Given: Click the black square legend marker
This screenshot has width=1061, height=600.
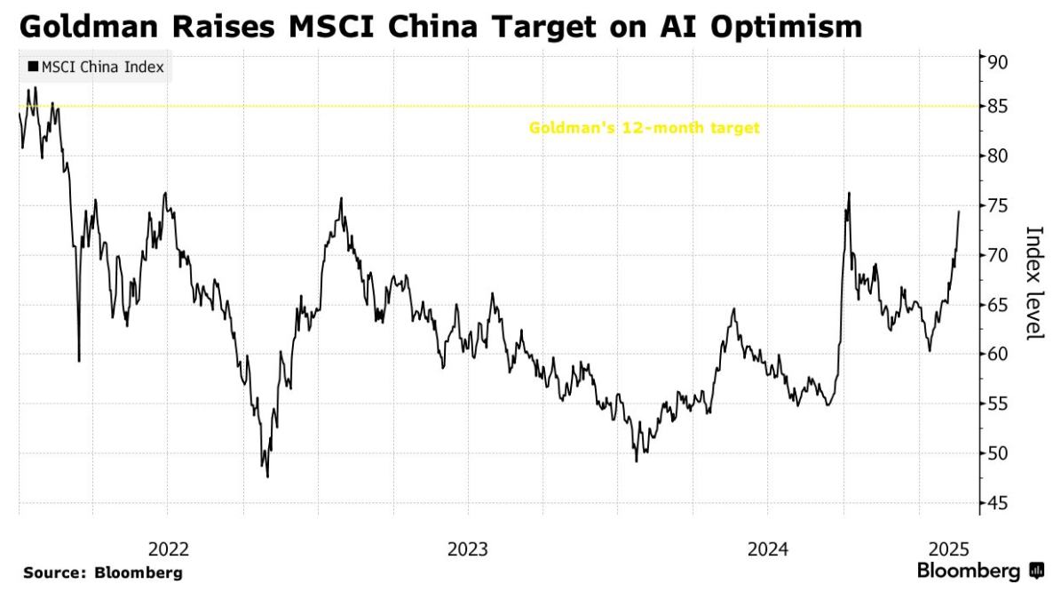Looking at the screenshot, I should tap(33, 67).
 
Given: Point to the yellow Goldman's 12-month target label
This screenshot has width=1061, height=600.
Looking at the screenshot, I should tap(644, 128).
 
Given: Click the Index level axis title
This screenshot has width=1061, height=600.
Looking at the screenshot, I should tap(1033, 282).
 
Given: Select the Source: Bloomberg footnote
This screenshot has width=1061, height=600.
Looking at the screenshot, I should tap(103, 573).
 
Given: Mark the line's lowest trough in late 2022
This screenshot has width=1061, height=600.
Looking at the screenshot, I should tap(267, 476).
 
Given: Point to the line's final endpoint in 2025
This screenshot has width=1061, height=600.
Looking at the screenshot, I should tap(959, 212).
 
